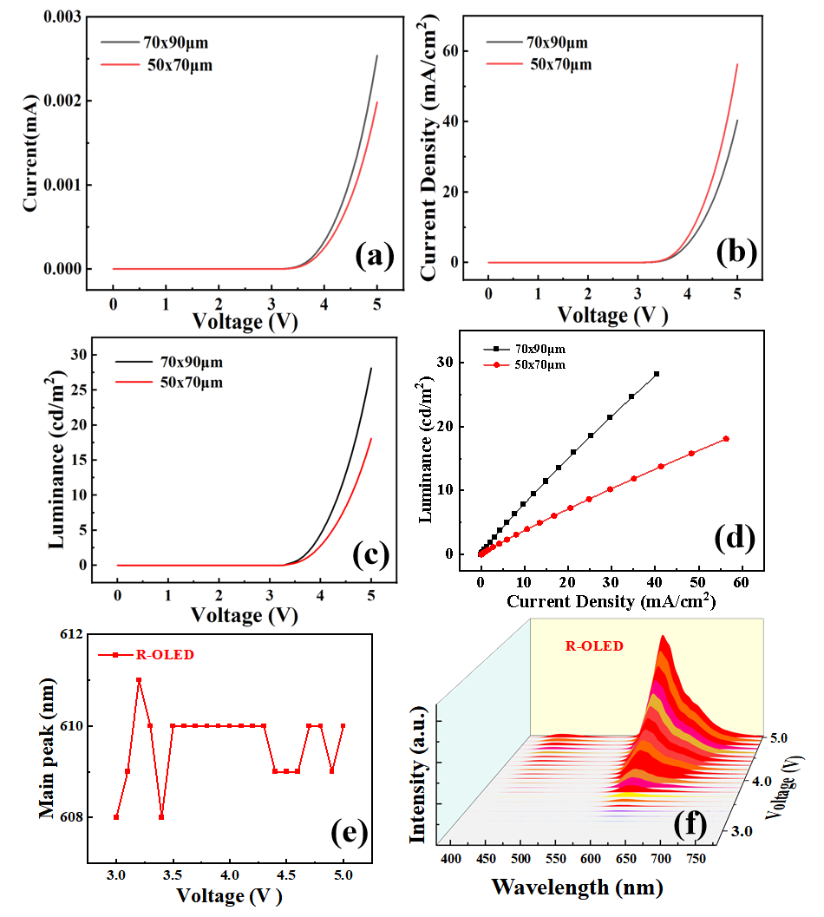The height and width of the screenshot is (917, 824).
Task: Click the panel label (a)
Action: click(375, 256)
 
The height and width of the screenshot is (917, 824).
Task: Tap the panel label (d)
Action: click(735, 538)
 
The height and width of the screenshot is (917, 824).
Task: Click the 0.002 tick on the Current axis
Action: click(62, 102)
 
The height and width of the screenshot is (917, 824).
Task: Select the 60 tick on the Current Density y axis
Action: click(450, 51)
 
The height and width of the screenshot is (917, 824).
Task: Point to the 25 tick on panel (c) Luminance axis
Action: click(79, 390)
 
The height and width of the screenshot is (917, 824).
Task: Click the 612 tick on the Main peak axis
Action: click(71, 634)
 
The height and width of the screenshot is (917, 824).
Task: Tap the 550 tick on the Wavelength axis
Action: click(556, 859)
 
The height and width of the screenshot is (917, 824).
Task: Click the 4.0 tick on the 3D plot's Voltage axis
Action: click(762, 782)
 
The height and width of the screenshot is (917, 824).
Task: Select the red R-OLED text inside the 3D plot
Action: click(593, 646)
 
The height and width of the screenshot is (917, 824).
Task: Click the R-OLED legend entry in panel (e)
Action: click(146, 655)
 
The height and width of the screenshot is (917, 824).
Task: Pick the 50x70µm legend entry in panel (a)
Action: click(157, 65)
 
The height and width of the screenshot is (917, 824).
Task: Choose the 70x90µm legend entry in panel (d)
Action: click(524, 349)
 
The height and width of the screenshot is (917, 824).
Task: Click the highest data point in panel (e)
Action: click(139, 680)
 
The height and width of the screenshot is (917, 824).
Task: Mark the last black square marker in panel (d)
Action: click(656, 374)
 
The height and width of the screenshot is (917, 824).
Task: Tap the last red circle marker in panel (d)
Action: click(726, 439)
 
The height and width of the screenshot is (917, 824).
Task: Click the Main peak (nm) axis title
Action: click(46, 748)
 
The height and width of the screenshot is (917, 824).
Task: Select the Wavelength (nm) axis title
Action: click(577, 888)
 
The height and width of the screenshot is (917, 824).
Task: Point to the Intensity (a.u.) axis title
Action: click(417, 775)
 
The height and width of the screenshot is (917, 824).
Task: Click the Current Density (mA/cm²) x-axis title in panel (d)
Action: click(611, 600)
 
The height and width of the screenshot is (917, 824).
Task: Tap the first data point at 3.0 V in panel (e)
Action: click(116, 817)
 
